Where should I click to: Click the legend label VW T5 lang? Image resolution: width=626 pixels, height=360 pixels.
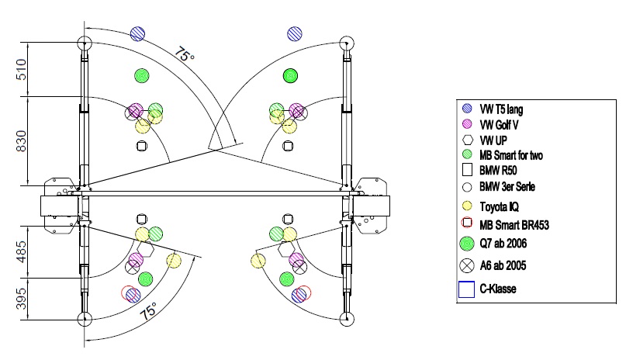pos(502,109)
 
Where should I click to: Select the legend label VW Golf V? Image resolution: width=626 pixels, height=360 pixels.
pos(501,124)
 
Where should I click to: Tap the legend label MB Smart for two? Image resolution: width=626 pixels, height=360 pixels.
pos(513,155)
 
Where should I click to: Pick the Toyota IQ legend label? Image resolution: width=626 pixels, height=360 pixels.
pos(500,207)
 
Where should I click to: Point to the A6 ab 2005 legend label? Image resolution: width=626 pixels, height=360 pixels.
pos(504,266)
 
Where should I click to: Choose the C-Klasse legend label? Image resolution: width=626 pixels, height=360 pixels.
pos(498,289)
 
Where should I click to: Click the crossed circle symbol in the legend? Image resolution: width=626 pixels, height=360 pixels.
pos(466,265)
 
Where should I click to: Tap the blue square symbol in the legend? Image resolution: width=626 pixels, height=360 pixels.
pos(466,289)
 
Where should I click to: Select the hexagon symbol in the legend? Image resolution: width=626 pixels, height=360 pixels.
pos(466,140)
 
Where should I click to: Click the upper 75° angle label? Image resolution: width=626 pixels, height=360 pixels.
pos(183,54)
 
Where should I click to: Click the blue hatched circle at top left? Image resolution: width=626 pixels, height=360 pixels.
pos(138,33)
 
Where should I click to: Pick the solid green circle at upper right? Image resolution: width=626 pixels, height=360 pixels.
pos(291,75)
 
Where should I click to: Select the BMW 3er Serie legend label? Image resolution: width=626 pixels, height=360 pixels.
pos(507,187)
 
